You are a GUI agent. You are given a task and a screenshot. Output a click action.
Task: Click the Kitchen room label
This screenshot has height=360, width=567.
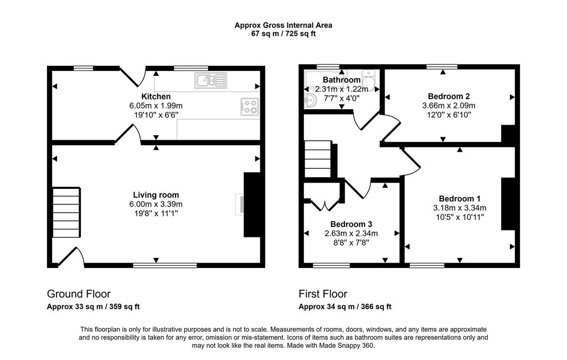coord(156,96)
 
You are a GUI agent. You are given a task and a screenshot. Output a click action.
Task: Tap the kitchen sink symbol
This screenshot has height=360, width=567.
coord(211,80)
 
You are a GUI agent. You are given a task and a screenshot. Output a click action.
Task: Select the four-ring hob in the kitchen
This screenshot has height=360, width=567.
coord(250,107)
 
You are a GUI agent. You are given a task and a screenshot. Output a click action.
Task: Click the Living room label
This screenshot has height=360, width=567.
coord(156,195)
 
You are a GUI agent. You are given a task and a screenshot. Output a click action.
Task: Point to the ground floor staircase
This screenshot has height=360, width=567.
coord(66,212)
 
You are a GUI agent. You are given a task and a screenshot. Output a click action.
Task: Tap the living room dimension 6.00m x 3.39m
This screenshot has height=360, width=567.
coord(156,204)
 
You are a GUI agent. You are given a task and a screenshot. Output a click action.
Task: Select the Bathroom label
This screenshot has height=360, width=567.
coord(342,80)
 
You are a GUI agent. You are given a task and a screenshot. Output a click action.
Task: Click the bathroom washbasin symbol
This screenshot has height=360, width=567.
coord(310,99)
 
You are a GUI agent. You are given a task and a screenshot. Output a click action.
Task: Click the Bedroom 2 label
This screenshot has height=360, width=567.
coord(449,96)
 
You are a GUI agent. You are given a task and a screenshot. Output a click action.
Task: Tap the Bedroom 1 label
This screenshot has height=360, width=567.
coord(460,199)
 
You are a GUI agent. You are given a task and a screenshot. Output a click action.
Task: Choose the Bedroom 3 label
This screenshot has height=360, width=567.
coord(351,224)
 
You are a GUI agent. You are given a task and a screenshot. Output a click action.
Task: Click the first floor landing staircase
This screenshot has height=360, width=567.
coord(318,159)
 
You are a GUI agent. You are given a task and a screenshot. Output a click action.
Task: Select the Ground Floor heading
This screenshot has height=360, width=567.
coord(79,294)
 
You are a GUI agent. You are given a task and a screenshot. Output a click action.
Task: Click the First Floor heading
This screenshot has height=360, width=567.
coord(323,294)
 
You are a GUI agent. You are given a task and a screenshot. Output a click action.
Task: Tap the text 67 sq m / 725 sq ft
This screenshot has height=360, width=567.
coord(283,34)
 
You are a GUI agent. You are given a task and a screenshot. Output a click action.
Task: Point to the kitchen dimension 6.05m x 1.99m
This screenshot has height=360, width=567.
coord(156,106)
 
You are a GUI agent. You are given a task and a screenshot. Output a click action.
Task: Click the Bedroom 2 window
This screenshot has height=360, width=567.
coord(441,66)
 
